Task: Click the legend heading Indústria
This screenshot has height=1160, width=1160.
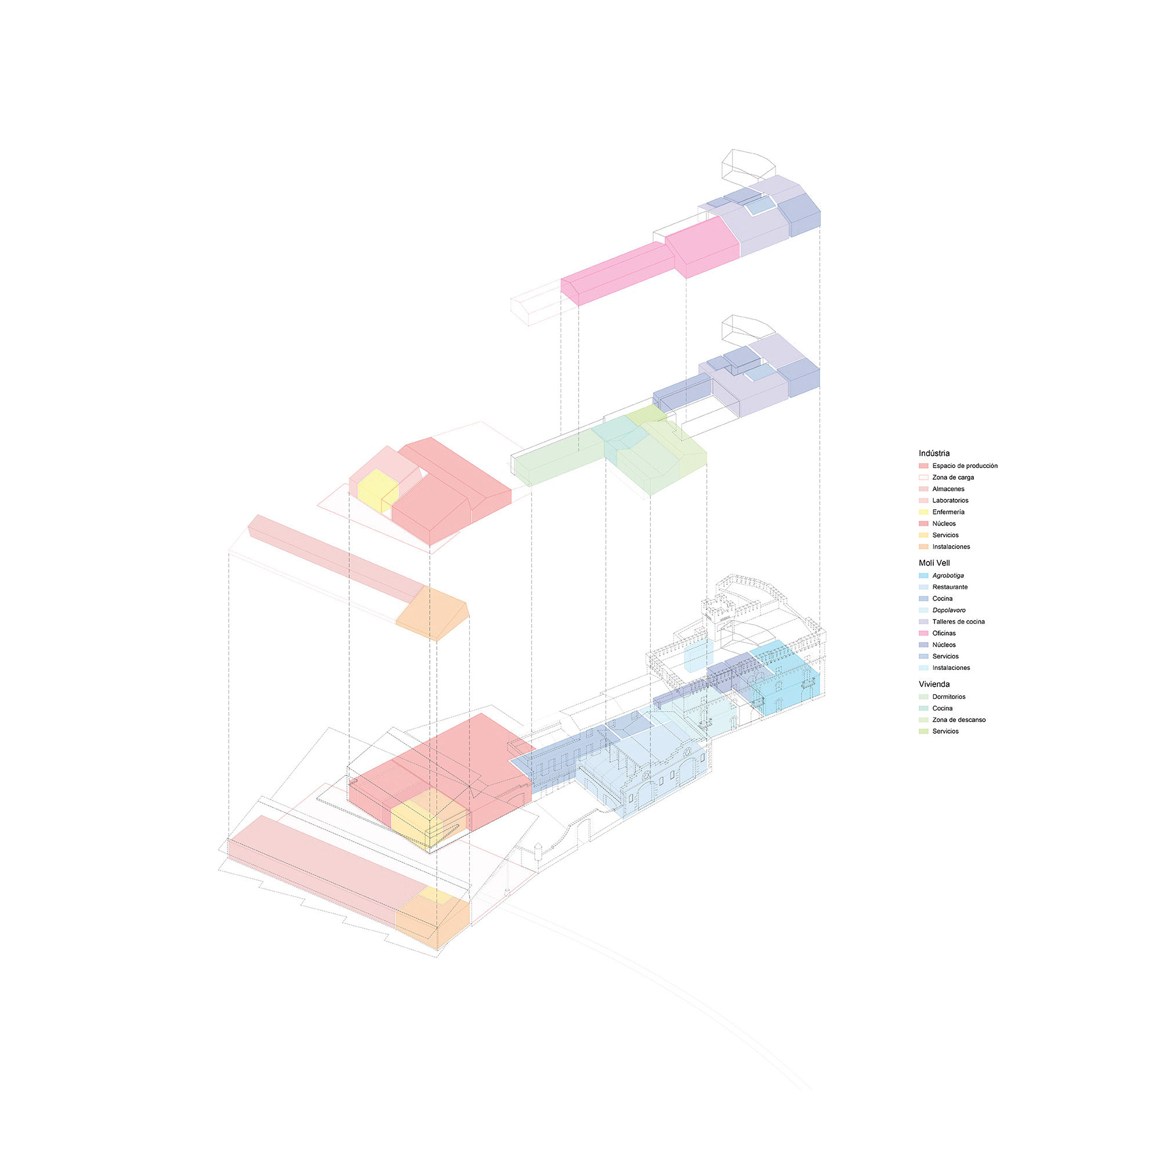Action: point(934,454)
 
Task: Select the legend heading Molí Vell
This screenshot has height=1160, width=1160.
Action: point(934,563)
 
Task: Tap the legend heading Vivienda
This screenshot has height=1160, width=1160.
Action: point(934,684)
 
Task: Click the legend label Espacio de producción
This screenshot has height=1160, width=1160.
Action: point(965,466)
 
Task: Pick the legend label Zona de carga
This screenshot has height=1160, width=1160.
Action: point(954,477)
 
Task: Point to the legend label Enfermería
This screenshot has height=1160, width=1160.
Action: point(949,512)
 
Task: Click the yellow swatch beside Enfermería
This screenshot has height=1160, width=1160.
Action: point(923,512)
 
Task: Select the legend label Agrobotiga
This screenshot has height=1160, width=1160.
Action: point(948,575)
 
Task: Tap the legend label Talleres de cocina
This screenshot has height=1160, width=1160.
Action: point(958,621)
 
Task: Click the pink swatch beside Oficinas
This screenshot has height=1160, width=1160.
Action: point(923,633)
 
